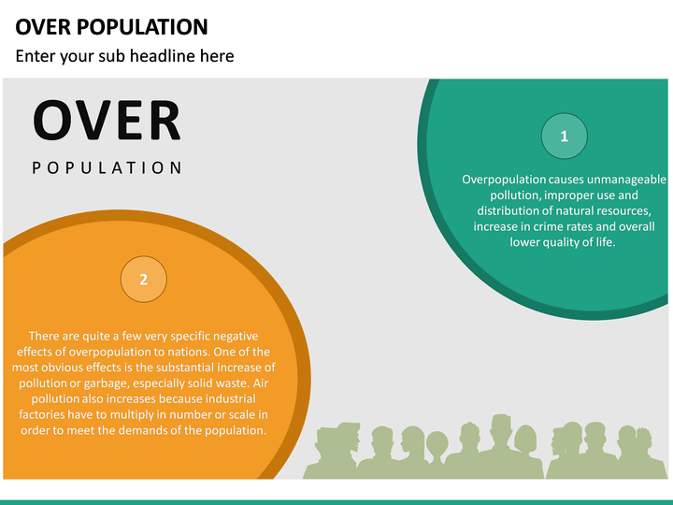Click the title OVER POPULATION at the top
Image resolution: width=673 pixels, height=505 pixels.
(112, 26)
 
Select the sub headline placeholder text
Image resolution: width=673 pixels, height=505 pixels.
(124, 56)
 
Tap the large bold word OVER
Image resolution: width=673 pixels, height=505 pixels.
(107, 121)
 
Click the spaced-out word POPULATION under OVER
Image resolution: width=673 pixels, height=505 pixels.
(107, 168)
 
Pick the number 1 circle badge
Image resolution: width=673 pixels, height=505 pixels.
(565, 137)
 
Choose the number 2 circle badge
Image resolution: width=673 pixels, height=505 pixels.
(143, 280)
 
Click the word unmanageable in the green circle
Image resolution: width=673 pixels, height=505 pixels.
(627, 179)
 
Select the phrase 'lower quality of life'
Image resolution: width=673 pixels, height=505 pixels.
(563, 242)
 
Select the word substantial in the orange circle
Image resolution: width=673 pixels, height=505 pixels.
(190, 367)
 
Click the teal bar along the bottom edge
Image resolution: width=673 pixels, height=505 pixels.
(336, 501)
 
